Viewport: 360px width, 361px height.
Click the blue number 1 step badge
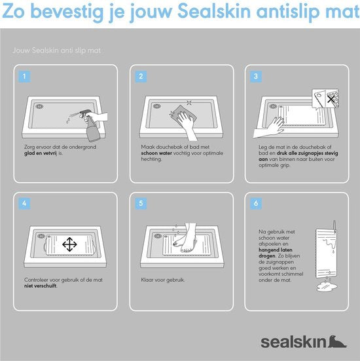pyautogui.click(x=24, y=77)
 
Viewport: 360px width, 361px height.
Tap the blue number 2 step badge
pyautogui.click(x=141, y=77)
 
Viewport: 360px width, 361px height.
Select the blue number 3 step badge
pyautogui.click(x=256, y=77)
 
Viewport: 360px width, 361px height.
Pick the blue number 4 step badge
pyautogui.click(x=24, y=204)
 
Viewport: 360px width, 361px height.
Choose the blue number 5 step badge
pyautogui.click(x=141, y=204)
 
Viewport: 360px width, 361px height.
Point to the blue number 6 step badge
pyautogui.click(x=256, y=204)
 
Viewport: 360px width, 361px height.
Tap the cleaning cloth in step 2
pyautogui.click(x=185, y=115)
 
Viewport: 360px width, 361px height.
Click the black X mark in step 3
pyautogui.click(x=331, y=100)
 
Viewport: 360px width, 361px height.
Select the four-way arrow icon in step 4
pyautogui.click(x=69, y=244)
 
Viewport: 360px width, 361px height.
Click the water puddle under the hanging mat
pyautogui.click(x=327, y=287)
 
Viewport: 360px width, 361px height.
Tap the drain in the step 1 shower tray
pyautogui.click(x=39, y=106)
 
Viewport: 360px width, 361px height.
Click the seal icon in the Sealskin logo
pyautogui.click(x=337, y=341)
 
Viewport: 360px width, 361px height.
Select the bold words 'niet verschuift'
pyautogui.click(x=41, y=286)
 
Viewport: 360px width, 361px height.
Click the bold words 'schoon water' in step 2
pyautogui.click(x=156, y=153)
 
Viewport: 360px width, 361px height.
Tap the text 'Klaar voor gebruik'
pyautogui.click(x=162, y=280)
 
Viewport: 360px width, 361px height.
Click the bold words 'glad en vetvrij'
pyautogui.click(x=41, y=153)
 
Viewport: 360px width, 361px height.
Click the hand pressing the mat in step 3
pyautogui.click(x=269, y=128)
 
